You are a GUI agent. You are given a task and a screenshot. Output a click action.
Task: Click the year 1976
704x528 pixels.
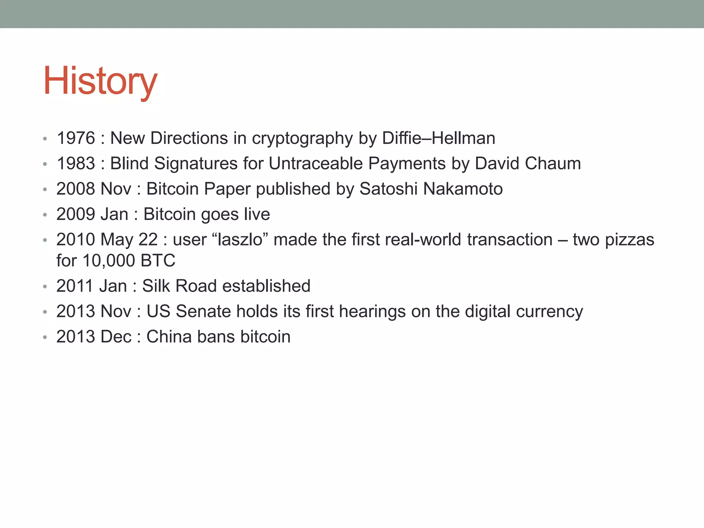[76, 138]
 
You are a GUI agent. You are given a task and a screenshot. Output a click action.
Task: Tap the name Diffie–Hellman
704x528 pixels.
[439, 138]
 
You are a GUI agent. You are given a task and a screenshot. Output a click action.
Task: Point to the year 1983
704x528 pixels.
[76, 164]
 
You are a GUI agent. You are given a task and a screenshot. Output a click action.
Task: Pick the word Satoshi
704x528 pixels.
[388, 189]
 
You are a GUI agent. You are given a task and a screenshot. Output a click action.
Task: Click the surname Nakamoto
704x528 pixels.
[463, 189]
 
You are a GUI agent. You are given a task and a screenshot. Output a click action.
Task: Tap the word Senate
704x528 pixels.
[203, 311]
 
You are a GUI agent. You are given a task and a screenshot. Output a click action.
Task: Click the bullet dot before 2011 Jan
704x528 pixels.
[45, 286]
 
